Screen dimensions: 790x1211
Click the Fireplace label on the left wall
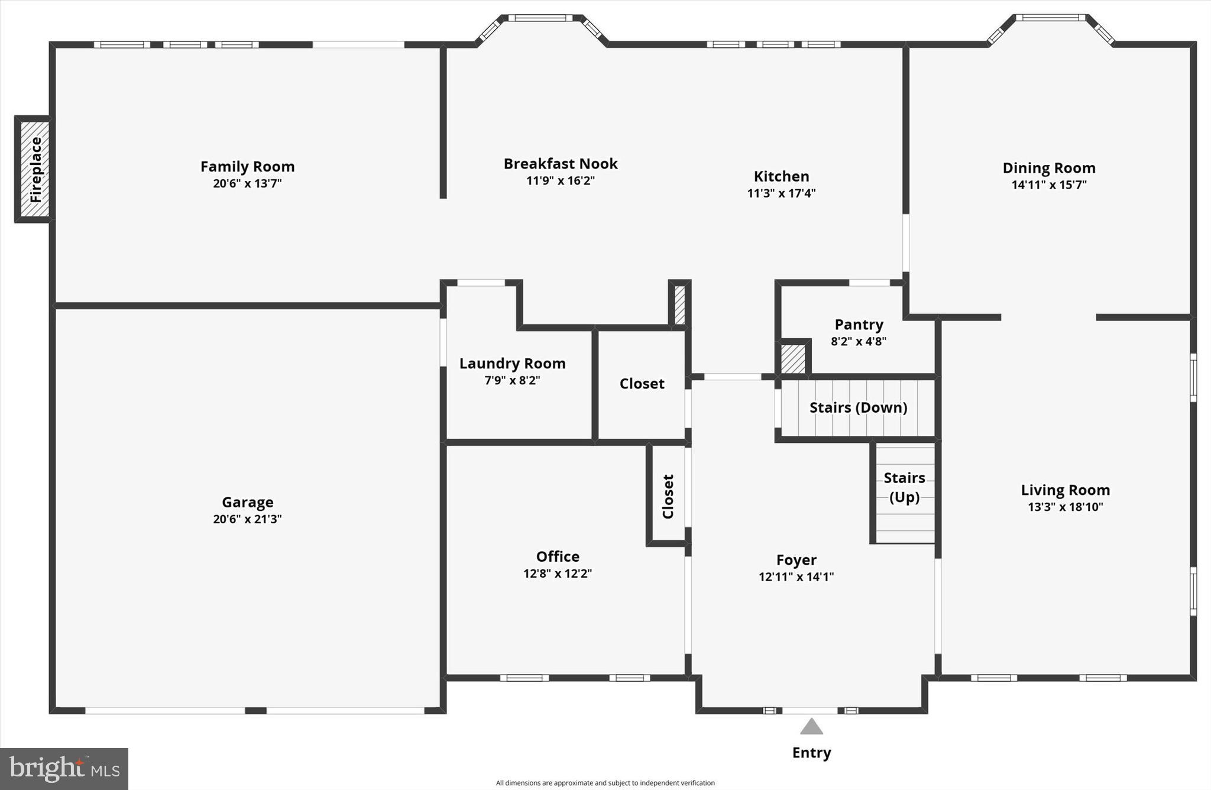click(35, 170)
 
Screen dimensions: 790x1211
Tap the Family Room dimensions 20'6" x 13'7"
click(247, 183)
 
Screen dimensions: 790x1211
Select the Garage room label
click(247, 502)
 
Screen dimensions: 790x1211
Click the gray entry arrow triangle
click(811, 727)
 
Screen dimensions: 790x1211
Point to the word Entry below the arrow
click(811, 753)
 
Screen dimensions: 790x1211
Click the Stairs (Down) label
click(858, 407)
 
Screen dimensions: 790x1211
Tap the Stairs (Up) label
click(904, 487)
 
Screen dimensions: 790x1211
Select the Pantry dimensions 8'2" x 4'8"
click(859, 341)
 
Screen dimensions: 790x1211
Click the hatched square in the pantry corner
click(793, 359)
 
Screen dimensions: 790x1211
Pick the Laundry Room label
click(512, 364)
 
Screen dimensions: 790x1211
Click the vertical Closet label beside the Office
click(668, 497)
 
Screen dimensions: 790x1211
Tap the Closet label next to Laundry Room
click(642, 384)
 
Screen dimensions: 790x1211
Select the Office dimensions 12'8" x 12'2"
click(557, 573)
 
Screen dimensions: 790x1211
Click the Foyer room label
click(796, 559)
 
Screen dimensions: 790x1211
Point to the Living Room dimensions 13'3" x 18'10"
click(1065, 507)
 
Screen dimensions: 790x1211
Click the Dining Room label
click(1048, 168)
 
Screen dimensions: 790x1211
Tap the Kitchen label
click(781, 176)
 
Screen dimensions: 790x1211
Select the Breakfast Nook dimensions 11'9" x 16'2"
click(560, 180)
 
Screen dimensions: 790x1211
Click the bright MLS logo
click(64, 769)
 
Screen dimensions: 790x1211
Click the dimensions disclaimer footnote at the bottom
click(605, 783)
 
